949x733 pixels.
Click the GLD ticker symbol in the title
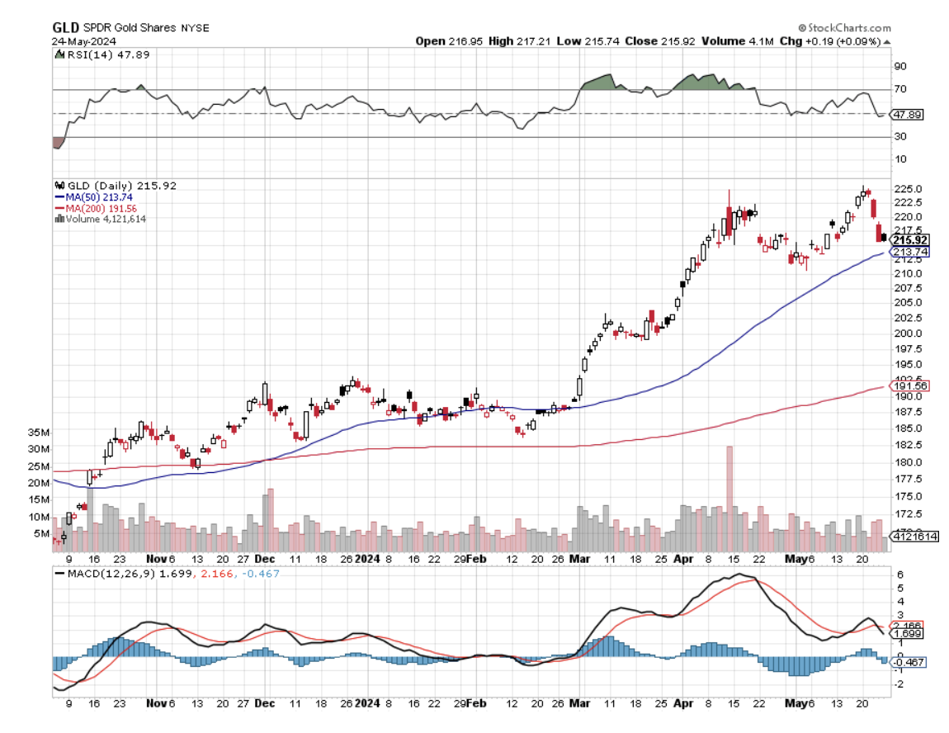[66, 27]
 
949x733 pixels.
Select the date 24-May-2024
[84, 41]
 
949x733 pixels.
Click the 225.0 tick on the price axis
[907, 189]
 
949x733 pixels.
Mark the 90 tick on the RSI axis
[900, 66]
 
